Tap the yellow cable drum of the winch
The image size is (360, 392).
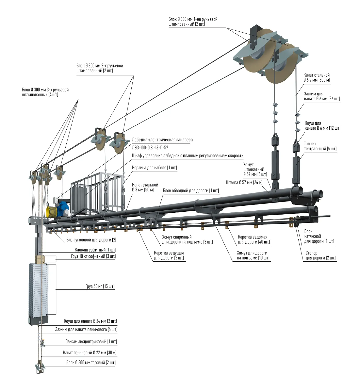click(x=51, y=212)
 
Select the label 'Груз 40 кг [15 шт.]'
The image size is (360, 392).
click(x=100, y=286)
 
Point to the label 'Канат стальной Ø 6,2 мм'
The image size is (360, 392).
click(x=316, y=78)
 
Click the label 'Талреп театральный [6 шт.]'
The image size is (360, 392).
click(x=320, y=146)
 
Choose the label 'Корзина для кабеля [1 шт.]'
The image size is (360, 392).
click(x=154, y=168)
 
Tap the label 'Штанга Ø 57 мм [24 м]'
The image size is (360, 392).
click(x=244, y=182)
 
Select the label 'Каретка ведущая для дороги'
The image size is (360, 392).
click(x=169, y=256)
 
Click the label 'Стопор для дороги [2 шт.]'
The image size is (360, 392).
click(x=321, y=256)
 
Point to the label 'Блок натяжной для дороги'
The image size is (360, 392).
click(x=319, y=237)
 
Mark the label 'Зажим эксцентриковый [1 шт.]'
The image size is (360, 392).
click(x=91, y=342)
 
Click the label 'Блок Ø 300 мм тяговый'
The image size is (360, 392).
click(x=91, y=362)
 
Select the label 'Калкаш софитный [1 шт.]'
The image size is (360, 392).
click(x=95, y=250)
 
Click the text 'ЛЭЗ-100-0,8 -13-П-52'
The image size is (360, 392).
click(x=150, y=148)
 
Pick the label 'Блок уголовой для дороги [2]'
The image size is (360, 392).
click(x=91, y=240)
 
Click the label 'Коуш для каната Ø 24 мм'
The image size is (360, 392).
click(x=90, y=321)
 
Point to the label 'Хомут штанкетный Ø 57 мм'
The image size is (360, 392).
click(x=255, y=169)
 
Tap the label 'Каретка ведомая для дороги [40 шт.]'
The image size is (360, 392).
click(x=253, y=239)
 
